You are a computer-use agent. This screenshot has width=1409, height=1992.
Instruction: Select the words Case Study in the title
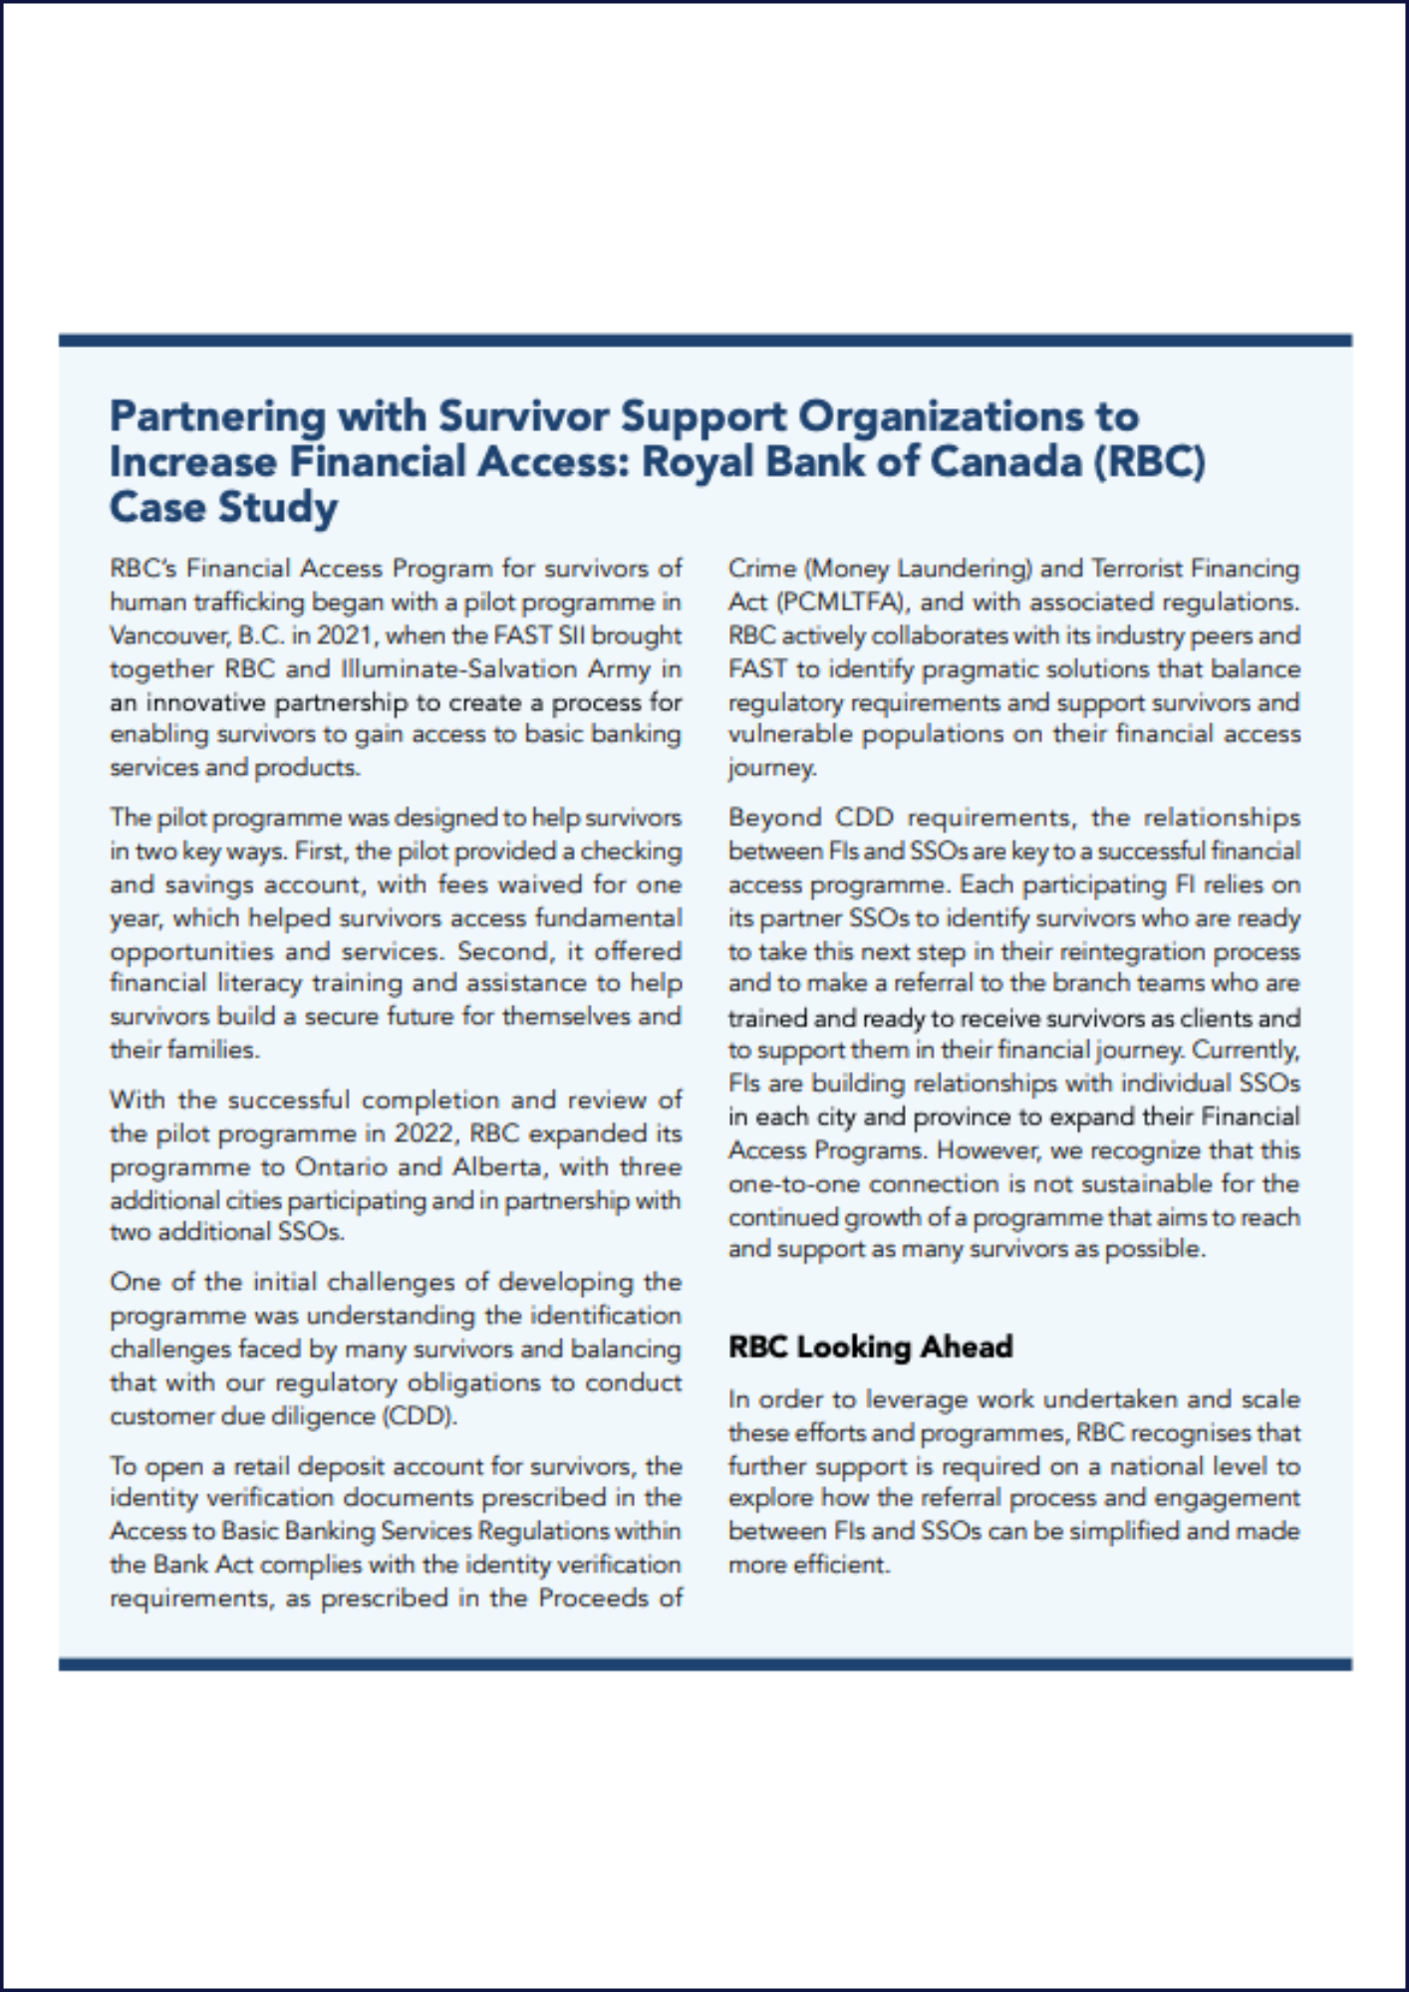(x=223, y=508)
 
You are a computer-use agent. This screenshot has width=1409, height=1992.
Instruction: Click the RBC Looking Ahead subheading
(x=870, y=1347)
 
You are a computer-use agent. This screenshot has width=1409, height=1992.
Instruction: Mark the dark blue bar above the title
(x=704, y=341)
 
